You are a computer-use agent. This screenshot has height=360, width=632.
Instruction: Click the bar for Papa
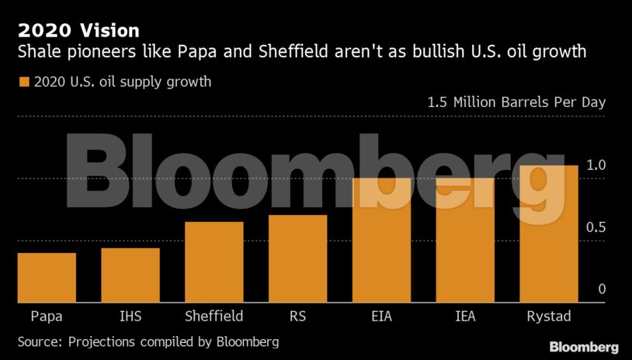point(47,278)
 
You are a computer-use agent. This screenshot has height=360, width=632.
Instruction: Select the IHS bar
point(130,275)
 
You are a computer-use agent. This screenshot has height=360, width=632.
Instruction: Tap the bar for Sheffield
point(214,262)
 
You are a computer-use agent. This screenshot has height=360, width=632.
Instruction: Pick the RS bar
point(297,258)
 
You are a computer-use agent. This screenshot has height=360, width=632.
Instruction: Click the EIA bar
point(381,241)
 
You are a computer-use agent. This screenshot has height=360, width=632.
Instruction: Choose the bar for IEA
point(465,241)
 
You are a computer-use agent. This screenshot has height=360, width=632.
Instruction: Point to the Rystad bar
point(549,234)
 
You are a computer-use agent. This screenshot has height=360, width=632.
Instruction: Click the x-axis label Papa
point(47,317)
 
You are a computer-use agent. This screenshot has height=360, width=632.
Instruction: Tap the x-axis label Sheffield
point(214,317)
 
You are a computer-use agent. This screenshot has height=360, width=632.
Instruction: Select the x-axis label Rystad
point(548,317)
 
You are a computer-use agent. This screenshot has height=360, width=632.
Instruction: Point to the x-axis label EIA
point(381,317)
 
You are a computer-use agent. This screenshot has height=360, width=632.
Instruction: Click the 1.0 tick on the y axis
point(596,165)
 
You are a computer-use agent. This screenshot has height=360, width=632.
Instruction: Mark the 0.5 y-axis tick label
point(596,227)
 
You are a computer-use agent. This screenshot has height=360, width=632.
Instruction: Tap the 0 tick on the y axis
point(601,289)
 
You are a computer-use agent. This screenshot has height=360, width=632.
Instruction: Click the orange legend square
point(23,81)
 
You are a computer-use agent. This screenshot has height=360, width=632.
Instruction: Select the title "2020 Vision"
point(78,31)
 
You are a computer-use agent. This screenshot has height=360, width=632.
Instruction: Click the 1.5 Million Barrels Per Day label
point(516,102)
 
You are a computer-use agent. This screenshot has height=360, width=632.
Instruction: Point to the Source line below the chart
point(148,341)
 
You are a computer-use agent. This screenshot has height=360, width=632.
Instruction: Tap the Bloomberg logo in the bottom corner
point(584,347)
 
